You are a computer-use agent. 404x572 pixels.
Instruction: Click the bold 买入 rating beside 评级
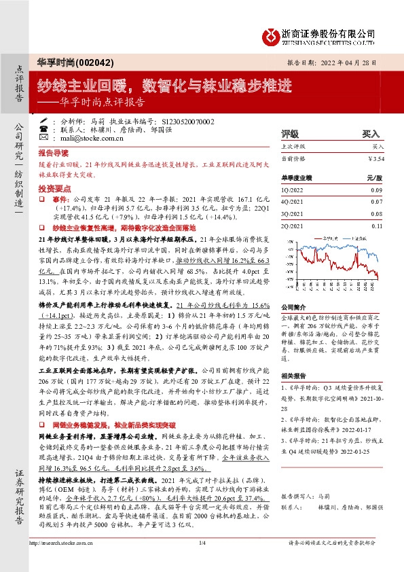[371, 134]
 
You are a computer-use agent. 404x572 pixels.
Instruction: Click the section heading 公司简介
[293, 307]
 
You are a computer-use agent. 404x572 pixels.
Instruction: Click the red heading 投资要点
[52, 185]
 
